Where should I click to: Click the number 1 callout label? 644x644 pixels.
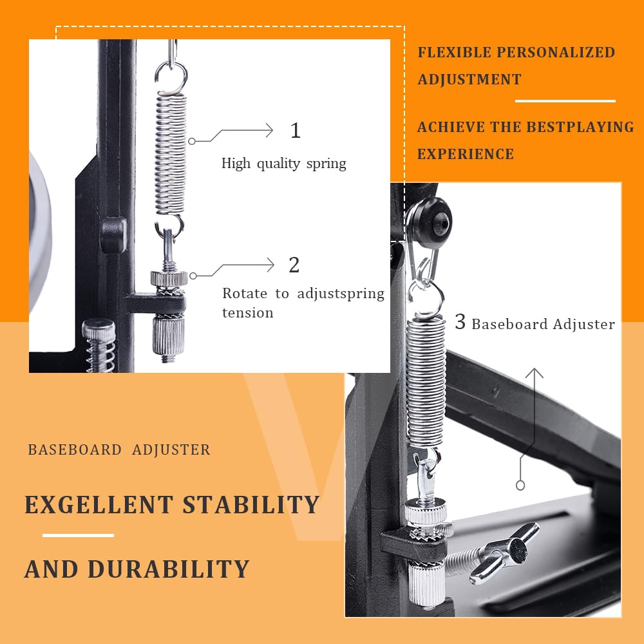[296, 131]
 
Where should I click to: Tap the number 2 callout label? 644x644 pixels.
[294, 265]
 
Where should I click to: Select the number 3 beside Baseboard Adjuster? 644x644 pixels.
[460, 321]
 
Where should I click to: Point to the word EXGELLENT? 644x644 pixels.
[99, 504]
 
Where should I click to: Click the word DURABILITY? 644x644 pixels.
[168, 569]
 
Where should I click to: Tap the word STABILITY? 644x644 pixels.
[251, 504]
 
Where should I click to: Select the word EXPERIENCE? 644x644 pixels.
[466, 154]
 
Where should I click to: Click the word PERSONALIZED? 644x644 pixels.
[556, 53]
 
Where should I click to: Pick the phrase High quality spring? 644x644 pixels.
[284, 164]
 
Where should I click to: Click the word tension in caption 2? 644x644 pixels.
[248, 313]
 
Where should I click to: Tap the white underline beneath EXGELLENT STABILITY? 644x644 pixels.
[78, 535]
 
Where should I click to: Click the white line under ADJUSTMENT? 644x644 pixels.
[565, 100]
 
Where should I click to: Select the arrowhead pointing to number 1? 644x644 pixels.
[269, 131]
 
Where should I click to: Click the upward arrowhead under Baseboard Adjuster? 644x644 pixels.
[535, 372]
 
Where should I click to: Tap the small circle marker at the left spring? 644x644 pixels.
[192, 141]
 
